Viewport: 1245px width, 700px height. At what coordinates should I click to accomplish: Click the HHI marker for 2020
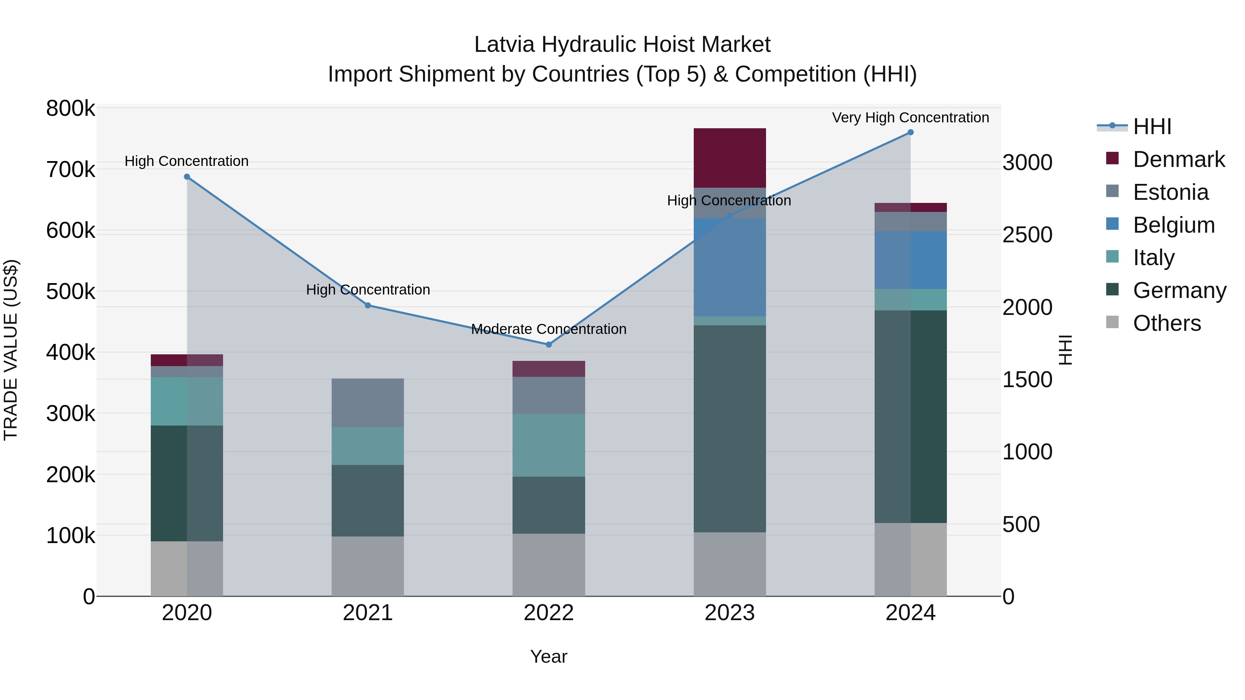[187, 177]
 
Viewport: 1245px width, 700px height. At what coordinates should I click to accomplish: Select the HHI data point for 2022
[548, 344]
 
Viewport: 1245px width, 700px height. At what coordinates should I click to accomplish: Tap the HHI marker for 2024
[911, 132]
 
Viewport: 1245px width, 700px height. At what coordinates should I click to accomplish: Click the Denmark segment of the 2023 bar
[729, 158]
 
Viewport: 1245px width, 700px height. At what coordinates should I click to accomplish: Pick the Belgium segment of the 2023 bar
[729, 267]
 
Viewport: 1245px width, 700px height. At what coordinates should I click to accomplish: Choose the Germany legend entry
[1179, 290]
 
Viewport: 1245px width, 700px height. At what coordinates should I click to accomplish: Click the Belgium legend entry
[1173, 225]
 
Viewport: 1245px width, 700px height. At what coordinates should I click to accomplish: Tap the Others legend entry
[1167, 323]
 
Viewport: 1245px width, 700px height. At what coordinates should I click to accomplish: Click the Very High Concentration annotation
[910, 118]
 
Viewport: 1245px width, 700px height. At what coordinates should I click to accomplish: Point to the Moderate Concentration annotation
[548, 329]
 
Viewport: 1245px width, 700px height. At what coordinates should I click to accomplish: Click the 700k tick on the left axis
[71, 170]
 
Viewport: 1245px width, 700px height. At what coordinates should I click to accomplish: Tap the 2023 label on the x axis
[729, 613]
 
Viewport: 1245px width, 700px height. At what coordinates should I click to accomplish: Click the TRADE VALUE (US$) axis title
[11, 350]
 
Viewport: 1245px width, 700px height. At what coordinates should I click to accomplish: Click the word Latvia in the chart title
[504, 45]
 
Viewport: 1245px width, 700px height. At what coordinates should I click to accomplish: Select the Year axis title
[548, 656]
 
